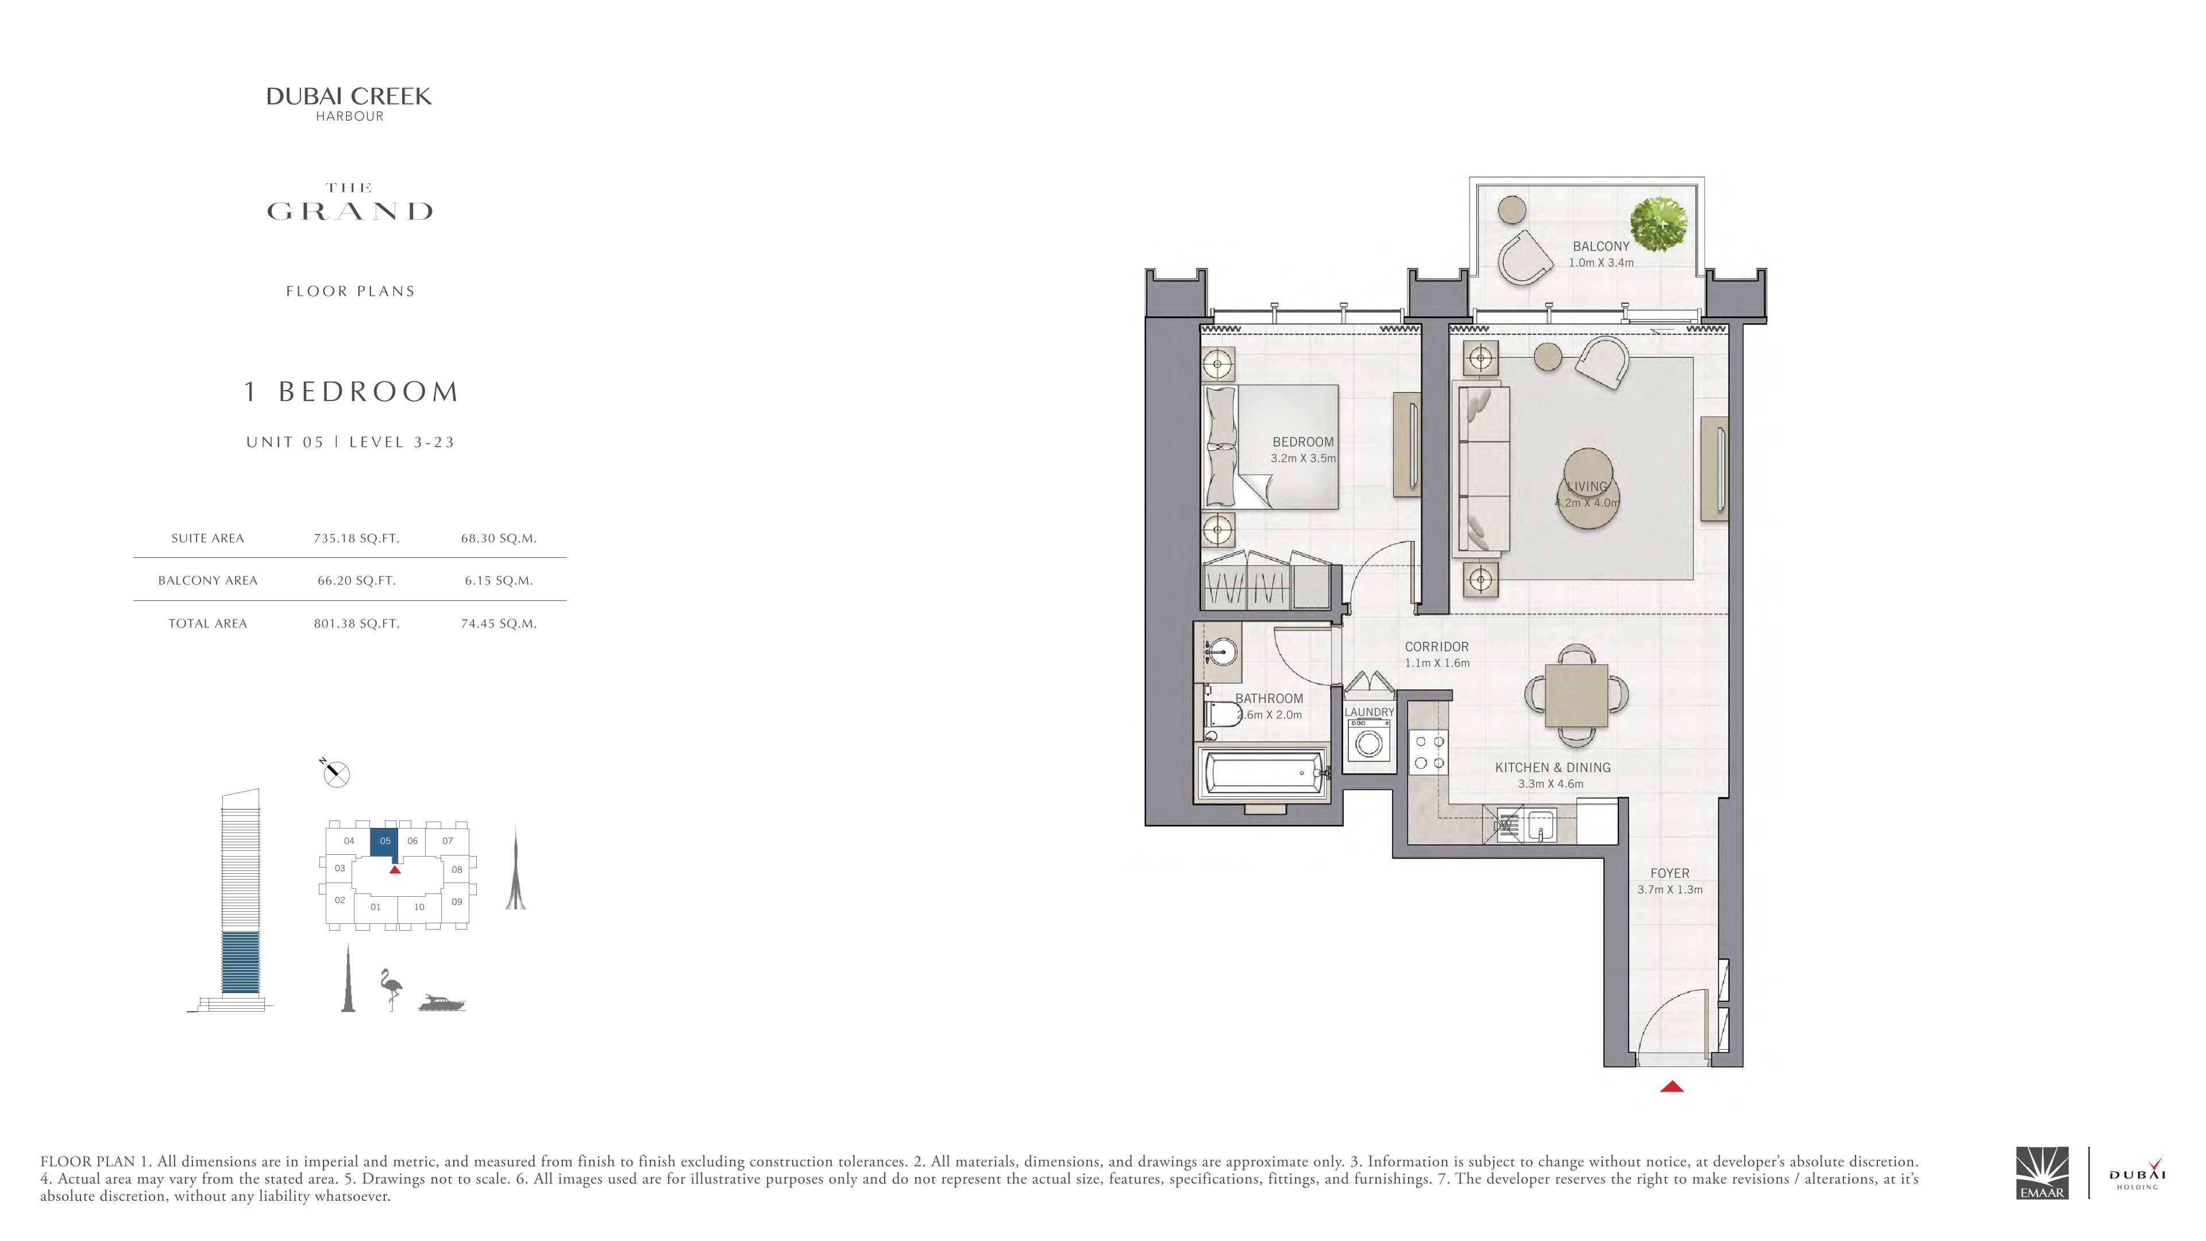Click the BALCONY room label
(1600, 246)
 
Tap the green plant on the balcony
(1659, 225)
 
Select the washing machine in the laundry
(1368, 740)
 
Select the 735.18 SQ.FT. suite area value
(356, 539)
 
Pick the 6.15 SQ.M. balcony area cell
(499, 581)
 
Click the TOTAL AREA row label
(207, 623)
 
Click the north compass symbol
(335, 773)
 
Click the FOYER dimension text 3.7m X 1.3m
(1670, 890)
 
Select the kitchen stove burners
(1428, 752)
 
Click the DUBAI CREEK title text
(349, 97)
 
